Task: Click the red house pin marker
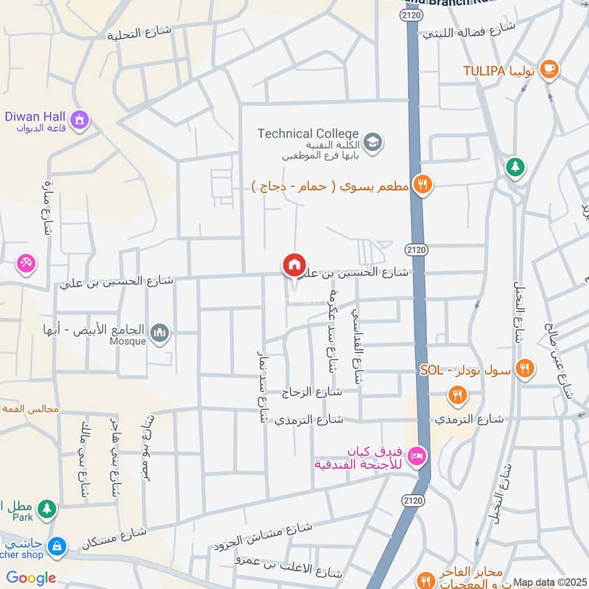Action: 294,265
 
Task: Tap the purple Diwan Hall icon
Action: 80,119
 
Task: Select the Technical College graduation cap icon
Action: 373,140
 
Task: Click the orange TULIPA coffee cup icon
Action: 549,69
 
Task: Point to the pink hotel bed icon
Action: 417,457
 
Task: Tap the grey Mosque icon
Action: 160,335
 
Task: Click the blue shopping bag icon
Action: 55,546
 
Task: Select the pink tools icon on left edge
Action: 26,262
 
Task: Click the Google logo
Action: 31,578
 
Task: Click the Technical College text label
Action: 308,133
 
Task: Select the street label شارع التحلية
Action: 139,33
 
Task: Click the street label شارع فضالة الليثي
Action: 469,31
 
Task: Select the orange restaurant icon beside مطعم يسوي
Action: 422,185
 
